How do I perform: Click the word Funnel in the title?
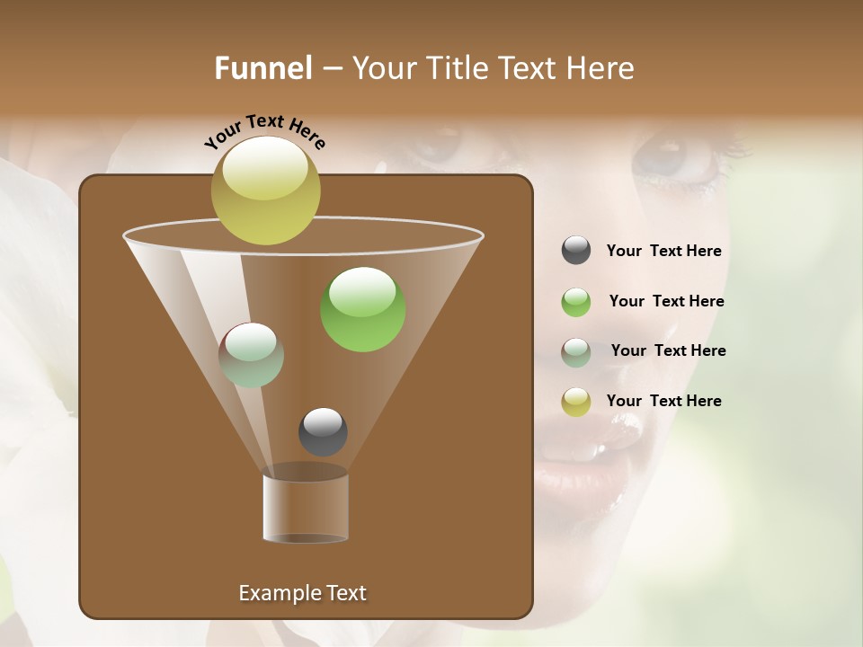[263, 68]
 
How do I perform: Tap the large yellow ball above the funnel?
[266, 190]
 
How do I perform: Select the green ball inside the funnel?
[362, 309]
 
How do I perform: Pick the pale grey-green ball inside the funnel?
[251, 355]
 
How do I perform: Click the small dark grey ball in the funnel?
[323, 431]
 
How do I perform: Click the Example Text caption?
[302, 593]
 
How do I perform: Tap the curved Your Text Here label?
[264, 132]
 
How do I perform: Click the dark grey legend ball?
[576, 251]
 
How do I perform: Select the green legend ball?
[576, 302]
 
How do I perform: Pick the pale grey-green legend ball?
[576, 352]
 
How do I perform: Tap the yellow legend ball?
[576, 402]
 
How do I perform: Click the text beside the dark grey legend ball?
[663, 252]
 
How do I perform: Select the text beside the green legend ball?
[666, 302]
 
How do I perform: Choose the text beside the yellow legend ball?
[663, 402]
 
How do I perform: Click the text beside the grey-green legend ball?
[668, 351]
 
